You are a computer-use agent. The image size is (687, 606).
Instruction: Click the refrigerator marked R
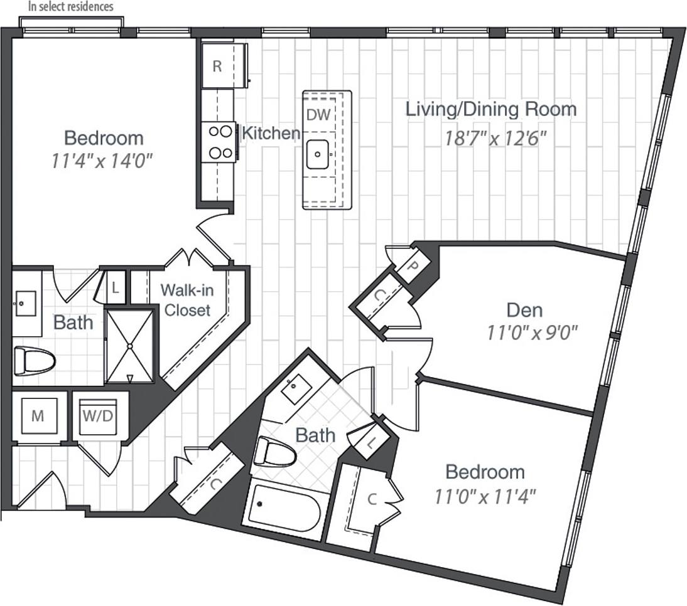(217, 66)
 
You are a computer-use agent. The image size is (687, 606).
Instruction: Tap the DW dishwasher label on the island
(318, 114)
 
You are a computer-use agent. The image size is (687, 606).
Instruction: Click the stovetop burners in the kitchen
(219, 141)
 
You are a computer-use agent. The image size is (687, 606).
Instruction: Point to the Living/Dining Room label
(490, 109)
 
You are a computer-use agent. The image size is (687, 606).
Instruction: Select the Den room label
(524, 310)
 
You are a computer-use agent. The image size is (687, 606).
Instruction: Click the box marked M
(38, 417)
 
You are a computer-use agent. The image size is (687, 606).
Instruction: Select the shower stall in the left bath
(129, 346)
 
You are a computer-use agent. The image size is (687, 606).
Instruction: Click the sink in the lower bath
(293, 391)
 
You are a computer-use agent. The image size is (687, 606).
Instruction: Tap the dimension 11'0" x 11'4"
(484, 497)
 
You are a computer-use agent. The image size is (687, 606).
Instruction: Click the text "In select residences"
(71, 7)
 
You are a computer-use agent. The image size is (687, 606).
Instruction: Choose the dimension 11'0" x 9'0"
(532, 332)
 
